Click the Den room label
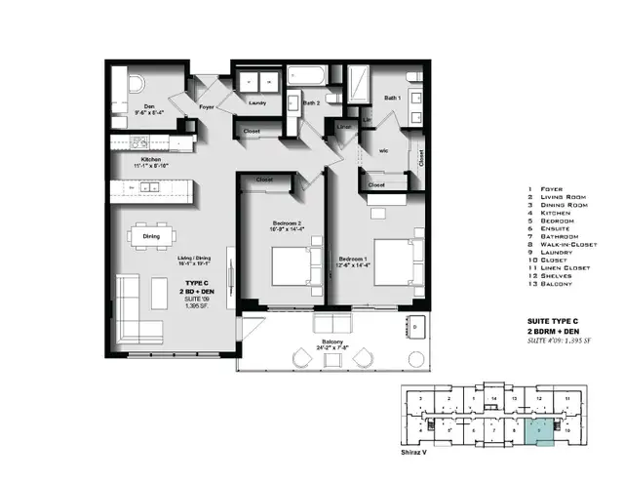pyautogui.click(x=150, y=107)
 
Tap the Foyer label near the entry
pyautogui.click(x=207, y=107)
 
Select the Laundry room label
pyautogui.click(x=258, y=101)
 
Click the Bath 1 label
pyautogui.click(x=392, y=99)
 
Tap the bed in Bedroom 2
pyautogui.click(x=290, y=264)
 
